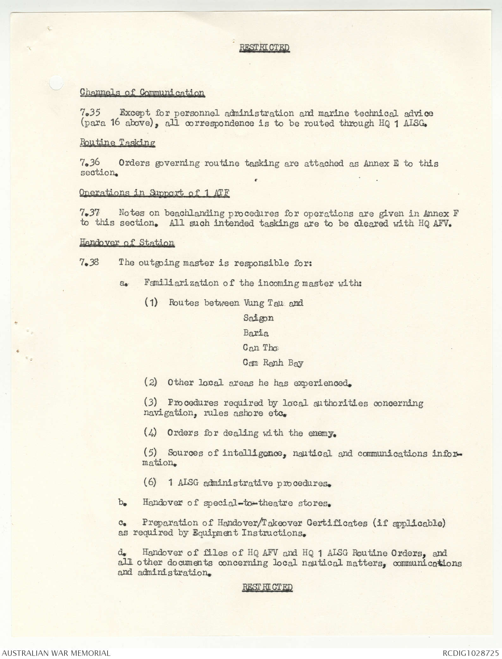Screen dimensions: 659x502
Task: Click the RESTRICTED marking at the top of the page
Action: pyautogui.click(x=264, y=48)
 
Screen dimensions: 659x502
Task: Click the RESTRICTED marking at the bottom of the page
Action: pyautogui.click(x=267, y=587)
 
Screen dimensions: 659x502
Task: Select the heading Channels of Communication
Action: pyautogui.click(x=142, y=93)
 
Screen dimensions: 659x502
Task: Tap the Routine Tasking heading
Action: pyautogui.click(x=117, y=143)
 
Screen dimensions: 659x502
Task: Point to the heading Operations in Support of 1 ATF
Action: pyautogui.click(x=154, y=193)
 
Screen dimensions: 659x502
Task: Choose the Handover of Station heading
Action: pyautogui.click(x=127, y=243)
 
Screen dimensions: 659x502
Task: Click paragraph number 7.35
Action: pyautogui.click(x=90, y=113)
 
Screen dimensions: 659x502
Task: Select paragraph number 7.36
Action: pyautogui.click(x=90, y=163)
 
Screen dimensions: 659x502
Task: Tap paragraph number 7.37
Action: pyautogui.click(x=90, y=213)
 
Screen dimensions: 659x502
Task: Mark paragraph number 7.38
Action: pyautogui.click(x=89, y=262)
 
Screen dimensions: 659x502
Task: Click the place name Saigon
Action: pyautogui.click(x=258, y=318)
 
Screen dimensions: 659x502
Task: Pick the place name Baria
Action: pyautogui.click(x=256, y=333)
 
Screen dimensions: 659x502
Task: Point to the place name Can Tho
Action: pyautogui.click(x=261, y=348)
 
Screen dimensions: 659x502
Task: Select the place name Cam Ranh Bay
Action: pyautogui.click(x=273, y=363)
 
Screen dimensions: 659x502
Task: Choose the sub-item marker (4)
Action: pyautogui.click(x=150, y=433)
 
